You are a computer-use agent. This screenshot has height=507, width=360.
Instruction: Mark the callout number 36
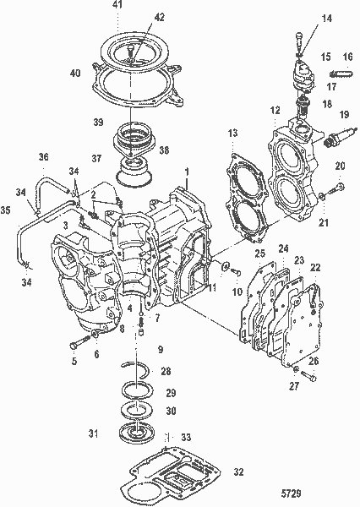pyautogui.click(x=45, y=157)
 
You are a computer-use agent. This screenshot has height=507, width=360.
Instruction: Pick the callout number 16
pyautogui.click(x=346, y=57)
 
